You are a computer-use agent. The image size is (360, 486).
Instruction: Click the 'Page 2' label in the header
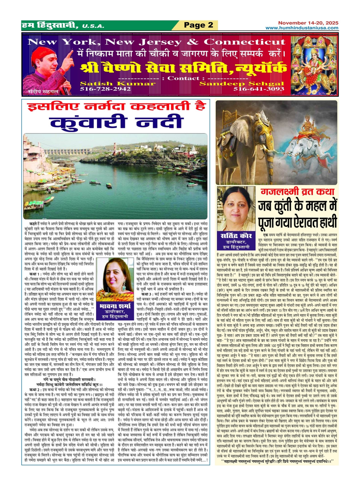pyautogui.click(x=199, y=25)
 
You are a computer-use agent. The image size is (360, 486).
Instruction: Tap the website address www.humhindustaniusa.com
pyautogui.click(x=302, y=28)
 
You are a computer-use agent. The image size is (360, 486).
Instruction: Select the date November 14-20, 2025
pyautogui.click(x=308, y=23)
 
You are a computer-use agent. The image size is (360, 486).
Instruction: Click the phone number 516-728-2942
pyautogui.click(x=106, y=89)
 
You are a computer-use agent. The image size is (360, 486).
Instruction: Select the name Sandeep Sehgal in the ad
pyautogui.click(x=241, y=84)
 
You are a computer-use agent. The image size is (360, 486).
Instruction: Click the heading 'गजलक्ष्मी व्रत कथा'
pyautogui.click(x=298, y=192)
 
